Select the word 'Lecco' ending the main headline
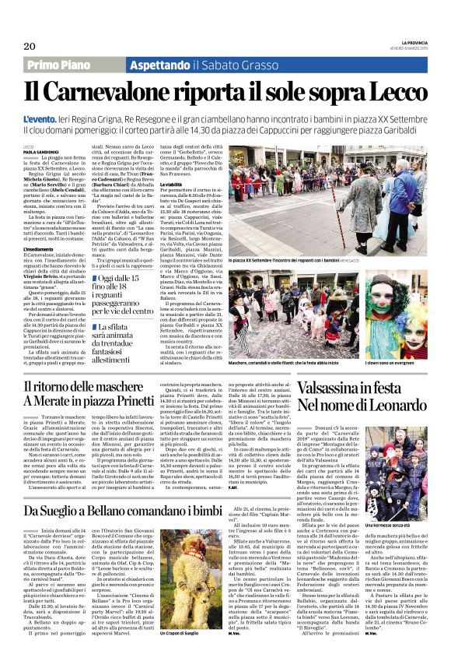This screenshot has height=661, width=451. pos(396,91)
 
